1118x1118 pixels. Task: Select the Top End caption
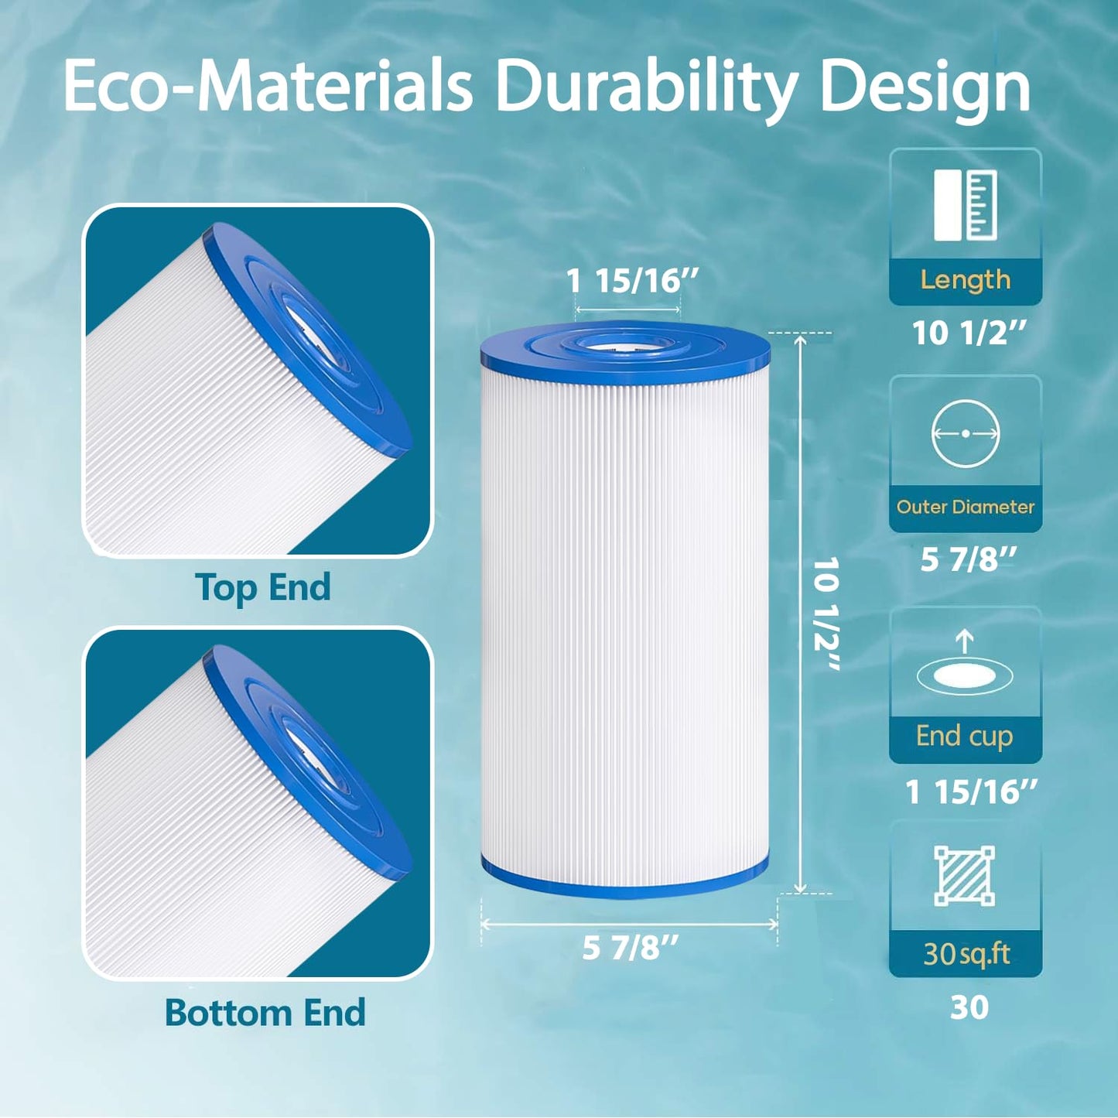[x=263, y=587]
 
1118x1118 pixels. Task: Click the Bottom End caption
[x=265, y=1013]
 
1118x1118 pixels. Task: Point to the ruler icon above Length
[x=965, y=206]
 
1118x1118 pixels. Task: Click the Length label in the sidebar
[x=965, y=279]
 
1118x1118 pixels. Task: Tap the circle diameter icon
[x=965, y=434]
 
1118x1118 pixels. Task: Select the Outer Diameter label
[x=965, y=507]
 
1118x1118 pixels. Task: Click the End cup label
[x=964, y=736]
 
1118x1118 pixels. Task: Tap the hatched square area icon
[x=964, y=875]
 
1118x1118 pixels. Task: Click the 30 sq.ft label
[x=966, y=954]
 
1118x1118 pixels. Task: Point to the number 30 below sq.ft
[x=969, y=1007]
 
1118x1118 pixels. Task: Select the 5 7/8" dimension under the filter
[x=630, y=948]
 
